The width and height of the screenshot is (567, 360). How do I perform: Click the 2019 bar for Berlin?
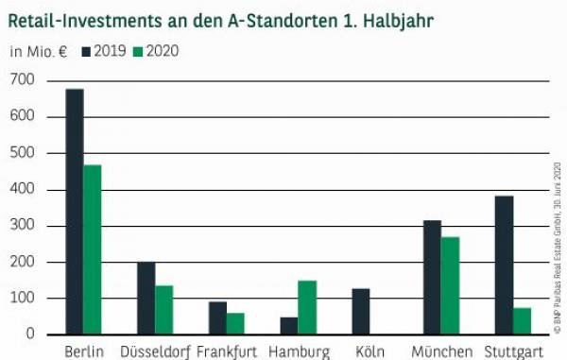(x=75, y=212)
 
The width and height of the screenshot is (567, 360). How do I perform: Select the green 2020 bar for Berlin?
(x=93, y=249)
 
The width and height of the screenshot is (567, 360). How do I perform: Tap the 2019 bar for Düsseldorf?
(x=146, y=298)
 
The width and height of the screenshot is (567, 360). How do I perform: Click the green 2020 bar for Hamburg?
(x=308, y=307)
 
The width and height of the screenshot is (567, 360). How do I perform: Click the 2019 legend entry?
(x=104, y=51)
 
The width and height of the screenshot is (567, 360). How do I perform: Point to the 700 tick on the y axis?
(x=22, y=80)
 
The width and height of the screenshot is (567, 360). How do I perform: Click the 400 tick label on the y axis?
(x=22, y=189)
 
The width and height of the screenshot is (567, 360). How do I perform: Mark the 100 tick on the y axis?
(x=22, y=298)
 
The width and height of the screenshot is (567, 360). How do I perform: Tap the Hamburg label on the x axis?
(x=299, y=351)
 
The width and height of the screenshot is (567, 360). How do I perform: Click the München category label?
(x=441, y=351)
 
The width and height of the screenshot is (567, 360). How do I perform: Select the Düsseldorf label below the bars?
(x=155, y=351)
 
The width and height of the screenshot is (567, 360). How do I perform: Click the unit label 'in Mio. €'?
(x=38, y=51)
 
